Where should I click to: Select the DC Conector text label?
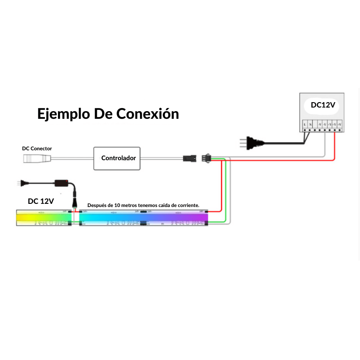click(x=37, y=148)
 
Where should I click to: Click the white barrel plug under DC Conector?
click(x=36, y=158)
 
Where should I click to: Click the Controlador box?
click(x=118, y=158)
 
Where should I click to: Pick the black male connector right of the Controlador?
click(x=189, y=158)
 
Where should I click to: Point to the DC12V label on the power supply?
click(x=323, y=105)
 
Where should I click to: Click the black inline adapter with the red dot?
click(x=61, y=183)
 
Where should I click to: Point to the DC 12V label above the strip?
click(x=40, y=201)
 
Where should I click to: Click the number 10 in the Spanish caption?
click(x=117, y=205)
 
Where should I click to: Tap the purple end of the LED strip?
click(x=198, y=217)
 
